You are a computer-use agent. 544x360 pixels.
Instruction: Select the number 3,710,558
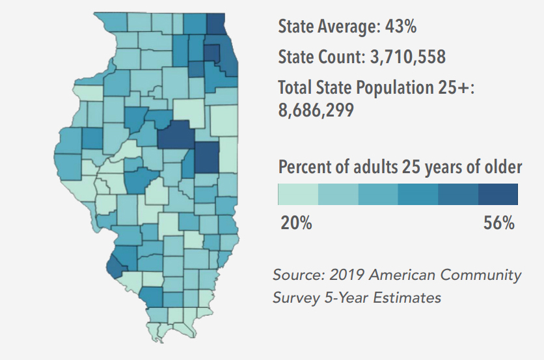(x=407, y=57)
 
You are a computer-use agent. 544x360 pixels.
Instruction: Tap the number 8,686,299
(x=316, y=110)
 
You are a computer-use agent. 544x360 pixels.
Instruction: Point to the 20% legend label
(x=296, y=223)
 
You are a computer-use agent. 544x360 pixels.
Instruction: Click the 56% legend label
(x=499, y=223)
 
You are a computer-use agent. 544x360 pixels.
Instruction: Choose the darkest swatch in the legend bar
(x=498, y=194)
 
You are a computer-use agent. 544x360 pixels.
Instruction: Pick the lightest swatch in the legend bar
(x=298, y=194)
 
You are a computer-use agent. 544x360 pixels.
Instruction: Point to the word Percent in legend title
(x=305, y=167)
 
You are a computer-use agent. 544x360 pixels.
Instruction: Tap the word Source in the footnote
(x=295, y=275)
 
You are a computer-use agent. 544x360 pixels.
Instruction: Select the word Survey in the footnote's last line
(x=293, y=298)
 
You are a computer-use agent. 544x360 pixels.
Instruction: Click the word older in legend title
(x=503, y=167)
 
